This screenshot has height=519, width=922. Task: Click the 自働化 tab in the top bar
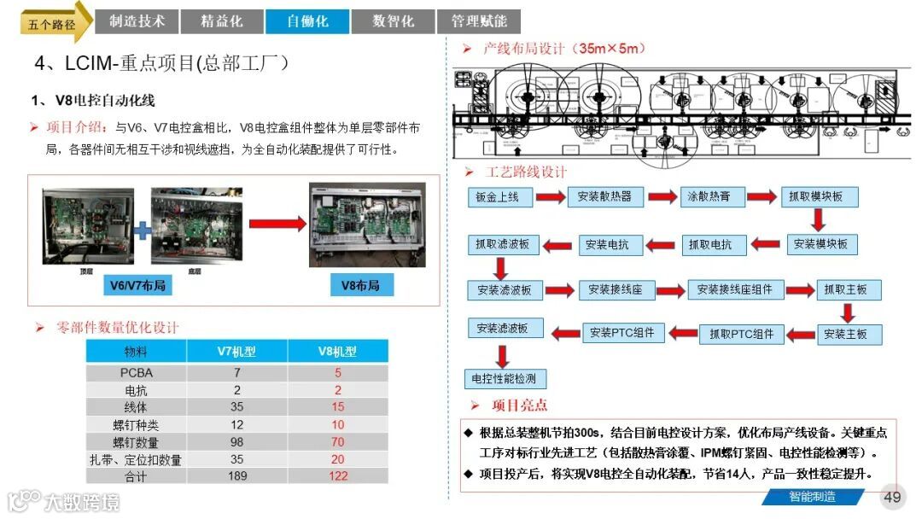(x=308, y=21)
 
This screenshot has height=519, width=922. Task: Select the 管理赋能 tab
(x=478, y=21)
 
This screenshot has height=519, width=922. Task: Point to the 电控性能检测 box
(x=505, y=378)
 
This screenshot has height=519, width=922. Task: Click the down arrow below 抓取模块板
(x=819, y=220)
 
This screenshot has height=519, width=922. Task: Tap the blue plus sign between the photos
(x=142, y=230)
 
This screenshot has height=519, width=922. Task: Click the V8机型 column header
(x=337, y=351)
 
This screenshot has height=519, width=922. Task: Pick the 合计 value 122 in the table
(x=337, y=475)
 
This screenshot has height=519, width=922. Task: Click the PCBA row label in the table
(x=136, y=373)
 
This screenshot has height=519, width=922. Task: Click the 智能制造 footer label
(x=811, y=497)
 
